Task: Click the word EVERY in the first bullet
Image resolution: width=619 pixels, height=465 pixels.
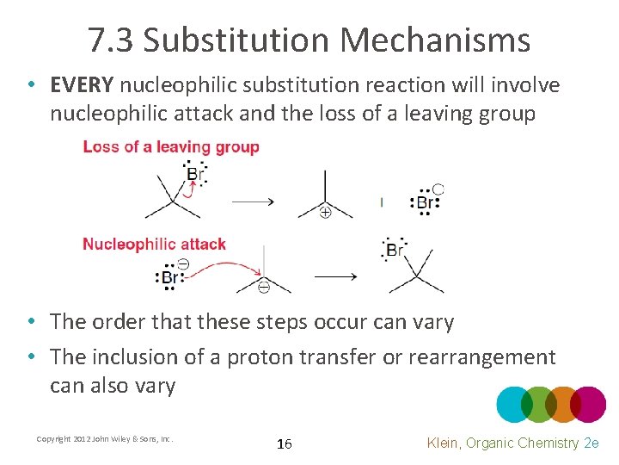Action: (82, 85)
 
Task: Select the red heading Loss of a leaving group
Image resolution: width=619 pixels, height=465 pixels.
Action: (171, 147)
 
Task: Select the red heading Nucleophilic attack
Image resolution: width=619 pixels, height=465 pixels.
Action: (154, 244)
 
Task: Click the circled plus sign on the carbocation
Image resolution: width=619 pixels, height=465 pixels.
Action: (325, 212)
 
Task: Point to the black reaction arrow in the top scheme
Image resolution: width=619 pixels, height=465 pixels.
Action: (253, 201)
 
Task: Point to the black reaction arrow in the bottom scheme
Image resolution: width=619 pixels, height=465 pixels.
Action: (334, 276)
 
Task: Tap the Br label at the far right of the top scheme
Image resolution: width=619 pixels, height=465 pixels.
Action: (425, 203)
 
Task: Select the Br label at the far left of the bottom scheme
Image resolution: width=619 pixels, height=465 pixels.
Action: (169, 278)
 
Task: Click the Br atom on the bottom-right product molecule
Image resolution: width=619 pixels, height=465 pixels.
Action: (395, 250)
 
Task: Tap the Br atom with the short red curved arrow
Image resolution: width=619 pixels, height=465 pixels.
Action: (195, 175)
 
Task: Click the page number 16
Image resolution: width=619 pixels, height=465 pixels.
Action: (285, 444)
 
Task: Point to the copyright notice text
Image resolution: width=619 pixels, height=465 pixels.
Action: (105, 439)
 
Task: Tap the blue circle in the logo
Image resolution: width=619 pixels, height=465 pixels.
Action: (515, 404)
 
